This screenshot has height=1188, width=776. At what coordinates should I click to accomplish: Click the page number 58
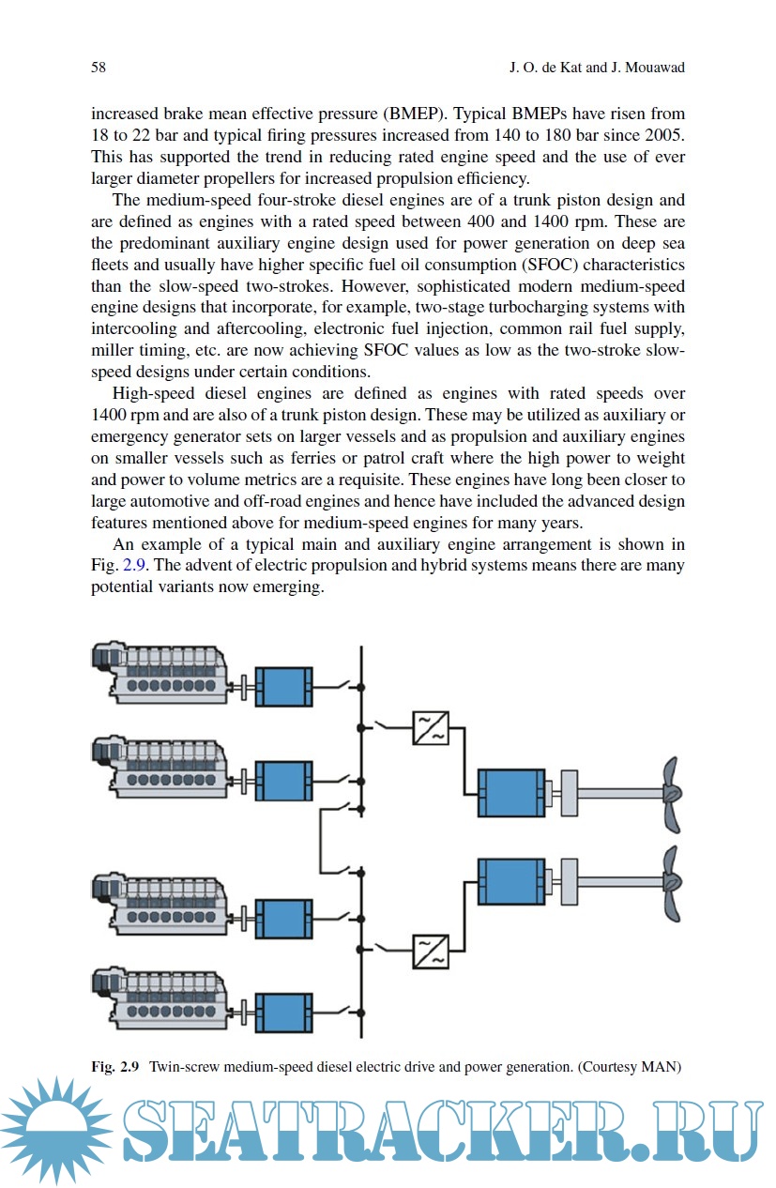98,68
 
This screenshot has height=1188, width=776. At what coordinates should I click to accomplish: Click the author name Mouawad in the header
652,68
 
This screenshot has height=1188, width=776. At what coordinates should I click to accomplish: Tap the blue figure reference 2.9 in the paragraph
135,566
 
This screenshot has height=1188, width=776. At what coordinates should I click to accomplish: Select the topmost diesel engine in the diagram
160,673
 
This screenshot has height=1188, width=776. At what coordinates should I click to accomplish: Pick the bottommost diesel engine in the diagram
160,998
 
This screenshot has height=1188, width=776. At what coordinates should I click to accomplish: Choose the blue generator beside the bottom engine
283,1013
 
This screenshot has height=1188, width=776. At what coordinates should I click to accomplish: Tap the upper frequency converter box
431,728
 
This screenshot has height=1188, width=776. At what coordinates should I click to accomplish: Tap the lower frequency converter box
431,950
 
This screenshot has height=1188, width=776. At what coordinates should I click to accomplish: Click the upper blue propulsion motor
511,794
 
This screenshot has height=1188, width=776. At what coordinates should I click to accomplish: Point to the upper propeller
670,794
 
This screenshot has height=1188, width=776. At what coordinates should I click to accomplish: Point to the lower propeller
670,883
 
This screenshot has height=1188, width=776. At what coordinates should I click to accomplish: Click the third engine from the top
160,904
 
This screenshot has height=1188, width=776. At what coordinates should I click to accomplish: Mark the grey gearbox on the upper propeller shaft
569,794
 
